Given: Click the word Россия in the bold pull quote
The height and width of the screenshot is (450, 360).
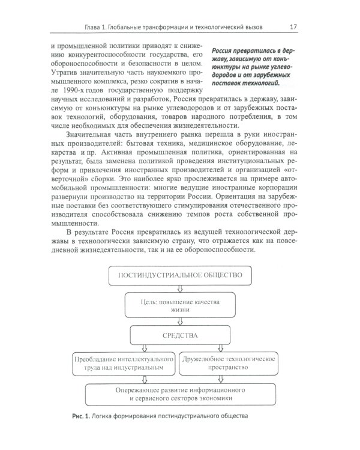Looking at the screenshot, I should [225, 52].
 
